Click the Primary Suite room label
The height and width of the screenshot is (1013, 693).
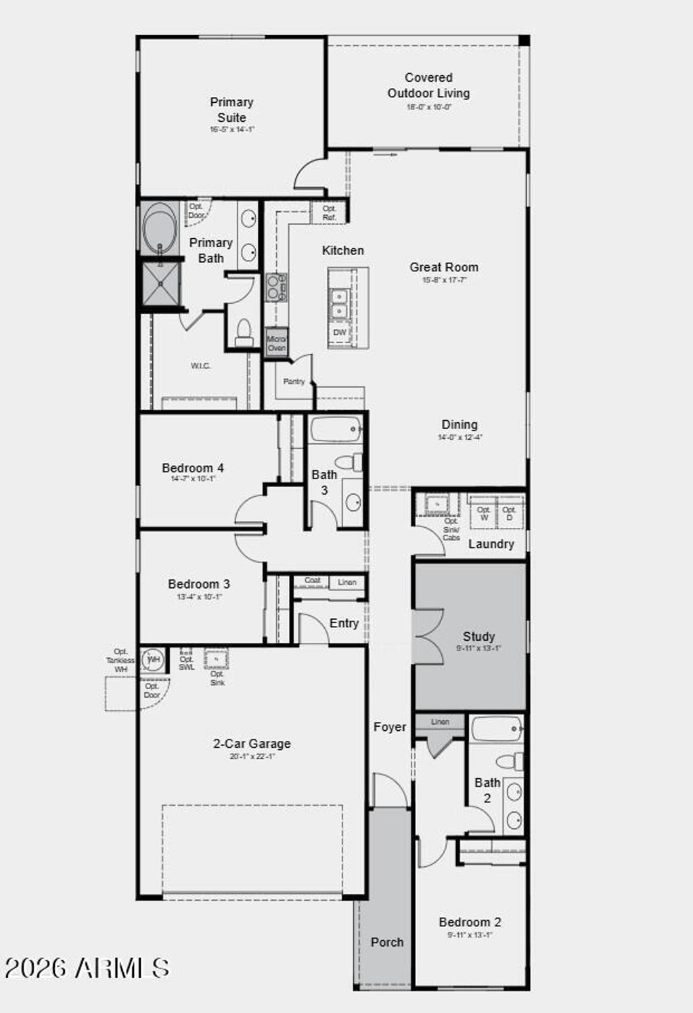(x=231, y=110)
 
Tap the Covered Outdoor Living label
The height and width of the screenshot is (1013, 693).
(x=428, y=86)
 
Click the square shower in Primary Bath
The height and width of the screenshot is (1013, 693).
(x=160, y=284)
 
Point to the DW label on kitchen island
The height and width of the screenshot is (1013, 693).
(x=340, y=332)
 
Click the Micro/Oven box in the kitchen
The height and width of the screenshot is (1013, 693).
(x=276, y=343)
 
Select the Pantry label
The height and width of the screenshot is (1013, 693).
(x=294, y=382)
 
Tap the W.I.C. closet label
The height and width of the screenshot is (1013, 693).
(x=200, y=365)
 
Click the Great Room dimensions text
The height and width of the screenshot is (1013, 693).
(x=445, y=279)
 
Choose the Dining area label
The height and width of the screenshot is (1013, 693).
(x=460, y=424)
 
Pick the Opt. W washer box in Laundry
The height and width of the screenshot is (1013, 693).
(x=483, y=513)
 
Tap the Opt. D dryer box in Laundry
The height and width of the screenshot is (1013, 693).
(x=510, y=513)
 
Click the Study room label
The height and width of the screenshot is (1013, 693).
(x=478, y=636)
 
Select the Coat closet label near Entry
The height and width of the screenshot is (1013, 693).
(x=312, y=581)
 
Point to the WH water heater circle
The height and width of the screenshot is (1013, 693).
(x=154, y=659)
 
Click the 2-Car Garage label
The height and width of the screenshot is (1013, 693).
(x=252, y=743)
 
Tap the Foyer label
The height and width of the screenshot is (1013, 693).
(x=390, y=727)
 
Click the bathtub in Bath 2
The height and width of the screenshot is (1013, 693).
(x=497, y=729)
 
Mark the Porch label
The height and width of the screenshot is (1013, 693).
(x=386, y=942)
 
